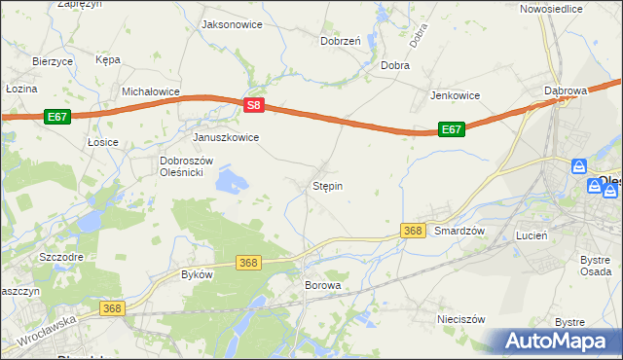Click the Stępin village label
point(327,185)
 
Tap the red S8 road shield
point(253,105)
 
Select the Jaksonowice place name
point(231,24)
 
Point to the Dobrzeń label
point(341,41)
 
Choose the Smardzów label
point(459,231)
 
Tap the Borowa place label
point(323,285)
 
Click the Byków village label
point(197,274)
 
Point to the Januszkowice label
point(226,137)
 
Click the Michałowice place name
point(151,90)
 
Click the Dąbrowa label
point(566,90)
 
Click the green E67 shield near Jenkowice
point(450,129)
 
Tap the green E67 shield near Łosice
point(56,117)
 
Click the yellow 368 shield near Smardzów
point(413,231)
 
